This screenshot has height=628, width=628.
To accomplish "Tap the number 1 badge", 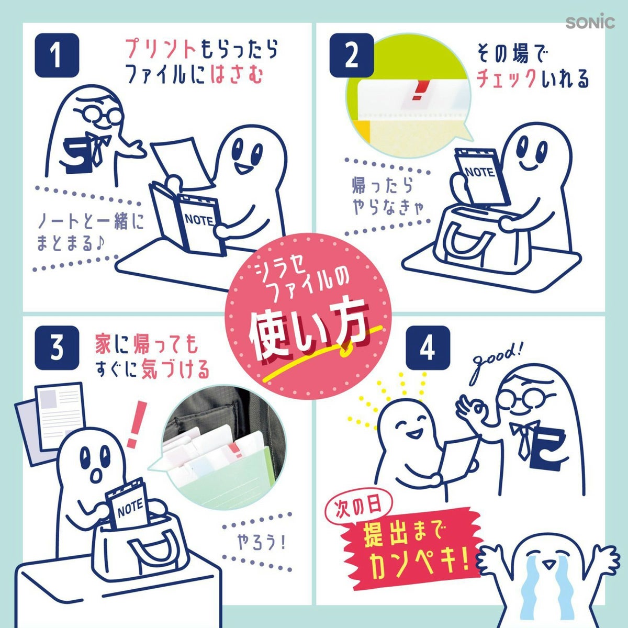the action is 57,55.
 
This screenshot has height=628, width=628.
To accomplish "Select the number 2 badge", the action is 352,55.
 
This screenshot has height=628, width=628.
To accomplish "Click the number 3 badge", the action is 57,347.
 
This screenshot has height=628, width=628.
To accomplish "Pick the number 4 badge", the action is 428,347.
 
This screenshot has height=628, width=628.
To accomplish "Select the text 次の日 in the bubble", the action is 358,510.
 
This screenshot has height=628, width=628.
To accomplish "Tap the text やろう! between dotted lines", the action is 261,543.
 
